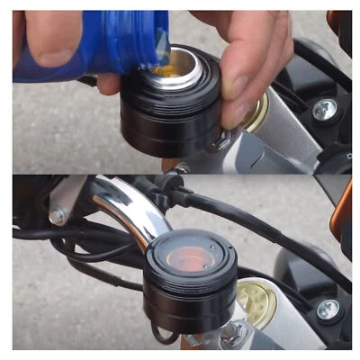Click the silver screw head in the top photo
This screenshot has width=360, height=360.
click(x=325, y=110)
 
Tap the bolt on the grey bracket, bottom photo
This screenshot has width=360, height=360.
click(x=58, y=215)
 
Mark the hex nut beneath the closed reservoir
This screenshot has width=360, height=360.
click(x=229, y=334)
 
